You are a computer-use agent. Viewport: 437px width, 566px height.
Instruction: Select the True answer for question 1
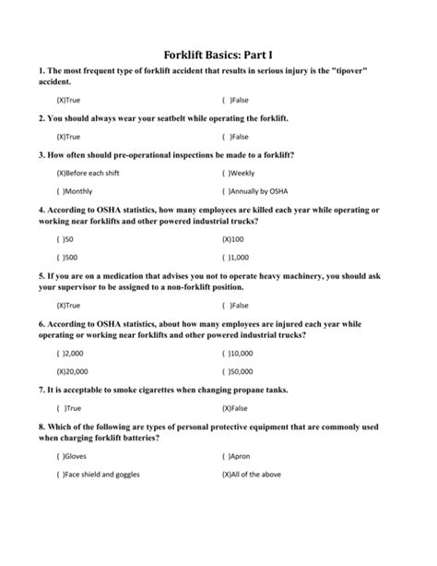coord(69,100)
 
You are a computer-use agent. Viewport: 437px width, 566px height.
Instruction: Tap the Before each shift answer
coord(88,173)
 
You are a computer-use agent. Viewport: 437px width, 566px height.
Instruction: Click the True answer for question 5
coord(69,305)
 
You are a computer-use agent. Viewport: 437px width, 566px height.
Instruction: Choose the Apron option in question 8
coord(236,455)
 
